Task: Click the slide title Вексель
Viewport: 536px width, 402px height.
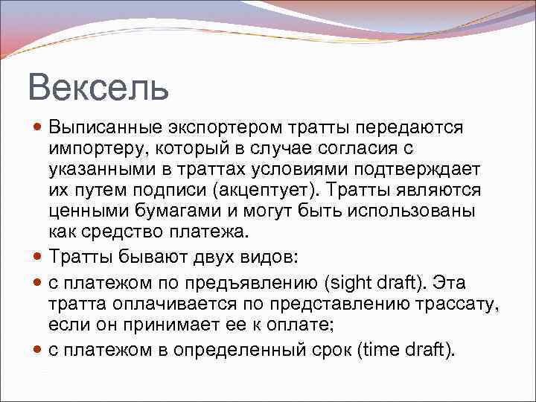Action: click(99, 87)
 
